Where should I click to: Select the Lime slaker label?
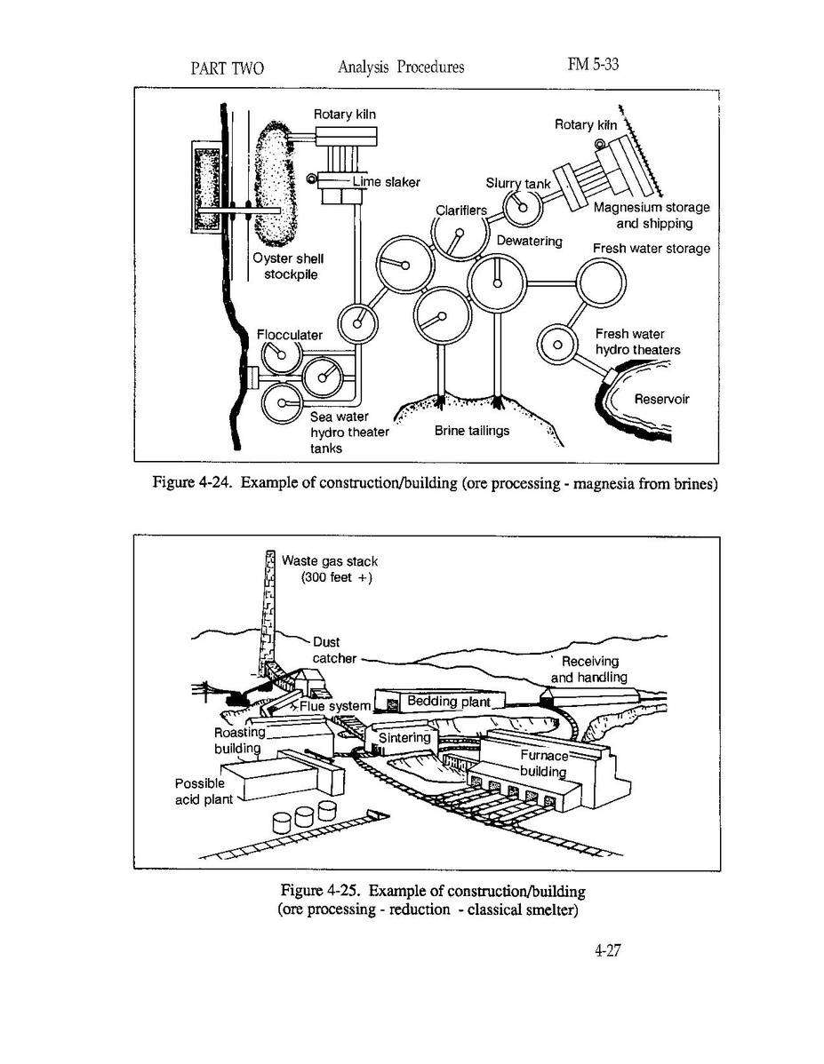(386, 182)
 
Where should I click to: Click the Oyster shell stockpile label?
(288, 266)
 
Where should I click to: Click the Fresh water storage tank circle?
(602, 285)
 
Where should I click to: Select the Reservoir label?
(661, 400)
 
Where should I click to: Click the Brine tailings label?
(472, 431)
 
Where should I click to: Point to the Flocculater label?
(289, 335)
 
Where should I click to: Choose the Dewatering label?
(529, 242)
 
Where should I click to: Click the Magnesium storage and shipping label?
(652, 215)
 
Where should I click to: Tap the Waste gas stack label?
(329, 569)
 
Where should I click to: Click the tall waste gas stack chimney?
(266, 613)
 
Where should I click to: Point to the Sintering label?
(404, 738)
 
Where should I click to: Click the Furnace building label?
(543, 763)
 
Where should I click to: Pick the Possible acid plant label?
(204, 791)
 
